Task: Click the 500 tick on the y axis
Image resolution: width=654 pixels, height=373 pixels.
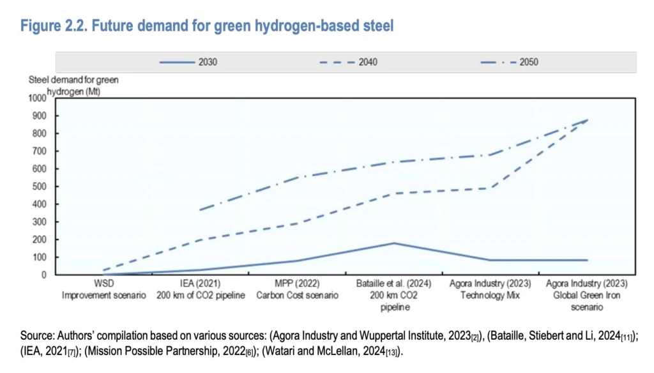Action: [x=43, y=187]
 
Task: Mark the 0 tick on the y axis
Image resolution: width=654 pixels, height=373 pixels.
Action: [x=48, y=275]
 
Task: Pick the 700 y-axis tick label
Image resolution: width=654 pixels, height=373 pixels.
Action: [x=43, y=151]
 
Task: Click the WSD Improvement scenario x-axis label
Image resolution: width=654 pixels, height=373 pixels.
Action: [x=103, y=289]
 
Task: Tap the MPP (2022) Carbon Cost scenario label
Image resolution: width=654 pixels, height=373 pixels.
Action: [x=298, y=289]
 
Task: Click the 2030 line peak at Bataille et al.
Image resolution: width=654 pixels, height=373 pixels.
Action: [x=395, y=243]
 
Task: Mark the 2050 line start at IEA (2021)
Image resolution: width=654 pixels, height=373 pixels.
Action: [x=200, y=209]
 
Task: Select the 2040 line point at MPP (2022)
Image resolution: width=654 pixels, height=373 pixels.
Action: [x=298, y=224]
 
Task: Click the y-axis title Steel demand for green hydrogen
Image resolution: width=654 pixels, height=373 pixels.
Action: [x=73, y=86]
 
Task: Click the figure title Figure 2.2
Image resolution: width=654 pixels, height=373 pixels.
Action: [x=208, y=26]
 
